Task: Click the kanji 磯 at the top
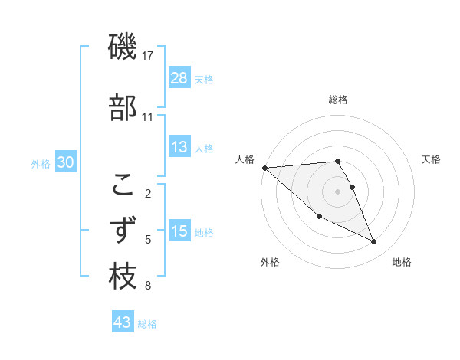tap(123, 47)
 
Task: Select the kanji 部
tap(123, 108)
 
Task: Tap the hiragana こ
tap(123, 185)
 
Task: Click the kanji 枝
tap(123, 277)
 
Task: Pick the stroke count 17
tap(147, 56)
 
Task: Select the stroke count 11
tap(147, 117)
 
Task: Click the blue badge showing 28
tap(179, 78)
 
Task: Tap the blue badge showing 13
tap(179, 147)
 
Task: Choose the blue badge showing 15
tap(179, 231)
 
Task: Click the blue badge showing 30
tap(66, 162)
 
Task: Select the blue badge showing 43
tap(123, 323)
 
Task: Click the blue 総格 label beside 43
tap(147, 324)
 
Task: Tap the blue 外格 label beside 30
tap(41, 163)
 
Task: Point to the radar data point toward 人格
tap(264, 168)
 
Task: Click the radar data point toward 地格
tap(374, 242)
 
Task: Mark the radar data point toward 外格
tap(319, 216)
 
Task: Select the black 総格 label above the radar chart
tap(338, 100)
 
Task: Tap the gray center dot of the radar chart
tap(338, 191)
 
